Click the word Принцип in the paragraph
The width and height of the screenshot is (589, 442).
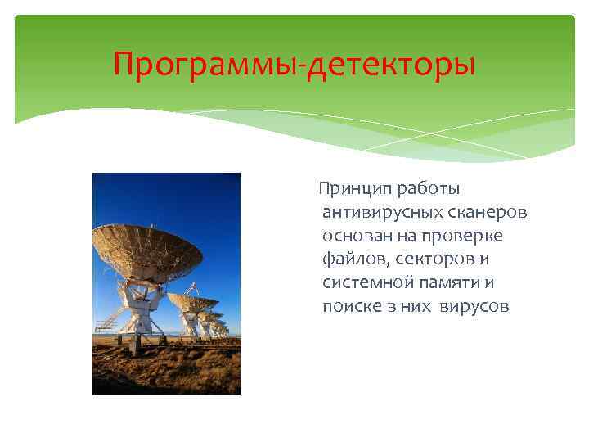(x=353, y=190)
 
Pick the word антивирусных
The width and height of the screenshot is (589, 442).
(x=382, y=213)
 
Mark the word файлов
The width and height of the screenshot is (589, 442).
(x=350, y=260)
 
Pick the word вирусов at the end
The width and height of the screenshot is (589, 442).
(x=474, y=307)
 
